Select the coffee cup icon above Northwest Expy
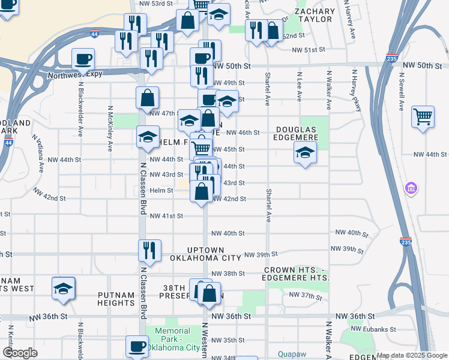pos(83,59)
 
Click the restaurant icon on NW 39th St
pos(149,250)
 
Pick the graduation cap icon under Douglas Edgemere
pos(305,154)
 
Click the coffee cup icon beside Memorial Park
pos(137,346)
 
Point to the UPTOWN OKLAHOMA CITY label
pos(205,254)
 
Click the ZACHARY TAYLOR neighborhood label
pos(315,16)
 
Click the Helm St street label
pos(161,190)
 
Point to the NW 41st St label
pos(166,216)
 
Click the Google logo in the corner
pos(20,353)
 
